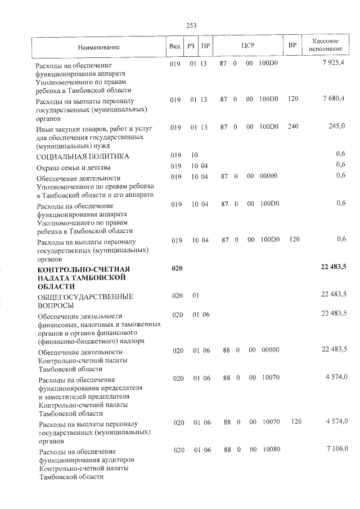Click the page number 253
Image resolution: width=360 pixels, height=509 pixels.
pyautogui.click(x=191, y=25)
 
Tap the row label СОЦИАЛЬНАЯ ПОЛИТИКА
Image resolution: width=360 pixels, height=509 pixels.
pyautogui.click(x=83, y=156)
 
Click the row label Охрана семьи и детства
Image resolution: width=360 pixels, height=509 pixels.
pyautogui.click(x=73, y=167)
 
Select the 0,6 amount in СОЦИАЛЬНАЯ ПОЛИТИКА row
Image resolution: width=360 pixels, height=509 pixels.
pyautogui.click(x=340, y=154)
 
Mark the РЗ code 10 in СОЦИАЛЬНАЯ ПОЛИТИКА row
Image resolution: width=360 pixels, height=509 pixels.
pyautogui.click(x=194, y=155)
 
